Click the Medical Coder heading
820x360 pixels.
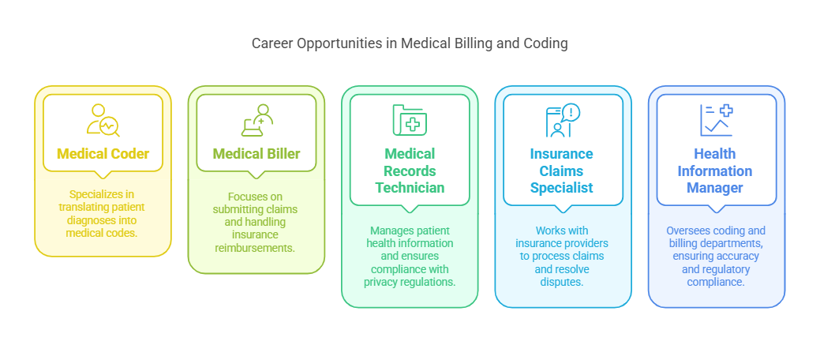click(103, 153)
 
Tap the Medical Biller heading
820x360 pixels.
click(256, 153)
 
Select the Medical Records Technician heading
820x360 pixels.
click(410, 171)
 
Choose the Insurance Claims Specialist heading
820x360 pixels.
click(563, 171)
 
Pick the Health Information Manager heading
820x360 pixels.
click(716, 171)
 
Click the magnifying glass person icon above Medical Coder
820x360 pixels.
click(103, 120)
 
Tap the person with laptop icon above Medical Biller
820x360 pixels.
click(256, 120)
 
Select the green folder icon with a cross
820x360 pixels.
click(410, 120)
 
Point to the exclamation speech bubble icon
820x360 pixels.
click(563, 120)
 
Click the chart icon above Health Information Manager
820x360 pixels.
click(716, 120)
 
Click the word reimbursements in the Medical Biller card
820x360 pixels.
click(256, 249)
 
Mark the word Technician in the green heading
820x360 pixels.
click(410, 188)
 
